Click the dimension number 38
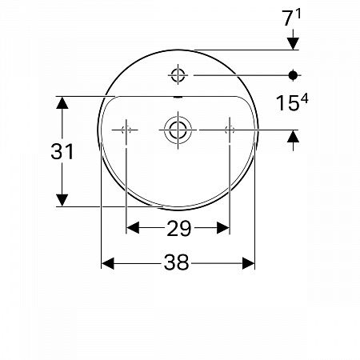(x=177, y=262)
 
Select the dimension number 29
(x=179, y=229)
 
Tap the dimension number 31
(x=62, y=151)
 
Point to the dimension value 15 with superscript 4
(x=292, y=102)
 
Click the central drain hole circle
(x=178, y=130)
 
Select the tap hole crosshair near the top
(x=178, y=75)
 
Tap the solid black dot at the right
(x=293, y=75)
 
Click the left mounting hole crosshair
(x=126, y=130)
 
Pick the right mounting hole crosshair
(x=230, y=130)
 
